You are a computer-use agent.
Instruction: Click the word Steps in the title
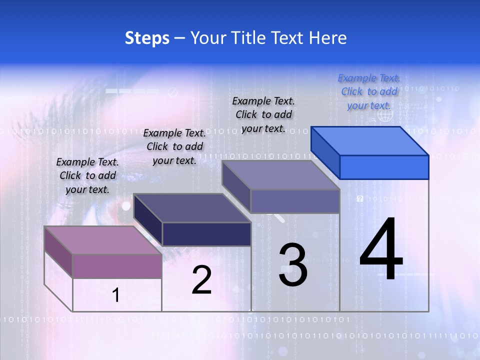click(x=147, y=38)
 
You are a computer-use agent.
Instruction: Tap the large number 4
click(x=381, y=249)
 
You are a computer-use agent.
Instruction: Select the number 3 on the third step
click(x=293, y=265)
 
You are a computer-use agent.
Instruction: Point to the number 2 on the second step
click(x=202, y=280)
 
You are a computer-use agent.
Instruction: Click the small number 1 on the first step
click(x=116, y=295)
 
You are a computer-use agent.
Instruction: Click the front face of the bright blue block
click(x=384, y=167)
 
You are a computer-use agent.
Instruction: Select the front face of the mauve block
click(x=117, y=266)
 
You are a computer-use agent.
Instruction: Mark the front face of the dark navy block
click(x=206, y=234)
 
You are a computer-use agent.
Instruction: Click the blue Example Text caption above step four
click(x=369, y=91)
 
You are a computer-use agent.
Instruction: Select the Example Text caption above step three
click(x=263, y=114)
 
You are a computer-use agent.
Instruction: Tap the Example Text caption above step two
click(x=174, y=146)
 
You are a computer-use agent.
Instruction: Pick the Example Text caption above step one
click(x=87, y=175)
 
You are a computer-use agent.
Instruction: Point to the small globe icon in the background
click(x=384, y=115)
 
